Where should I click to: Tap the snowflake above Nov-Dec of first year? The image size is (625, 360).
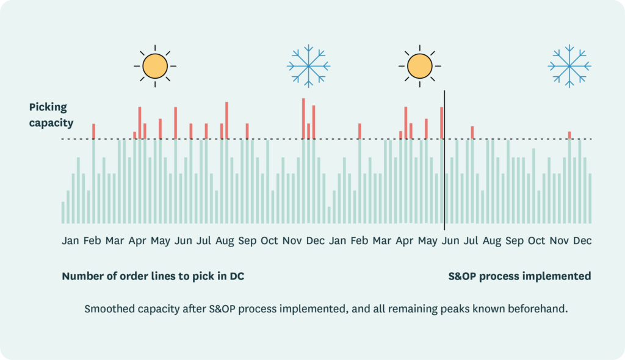click(308, 65)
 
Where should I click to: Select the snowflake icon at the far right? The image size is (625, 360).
click(569, 65)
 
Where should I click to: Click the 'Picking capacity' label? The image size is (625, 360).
click(51, 115)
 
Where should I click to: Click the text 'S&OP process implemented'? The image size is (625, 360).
click(519, 276)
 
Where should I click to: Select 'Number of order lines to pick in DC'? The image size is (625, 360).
click(153, 276)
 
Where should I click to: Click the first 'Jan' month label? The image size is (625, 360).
click(70, 241)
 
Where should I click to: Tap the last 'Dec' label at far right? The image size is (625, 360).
click(582, 241)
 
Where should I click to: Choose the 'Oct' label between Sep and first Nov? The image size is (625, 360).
click(269, 241)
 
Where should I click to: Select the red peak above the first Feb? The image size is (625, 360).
click(93, 131)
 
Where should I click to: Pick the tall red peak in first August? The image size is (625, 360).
click(226, 120)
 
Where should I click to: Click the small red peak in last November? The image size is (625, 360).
click(569, 135)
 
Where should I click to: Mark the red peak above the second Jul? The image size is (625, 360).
click(472, 132)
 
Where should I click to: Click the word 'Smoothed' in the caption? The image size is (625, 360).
click(107, 309)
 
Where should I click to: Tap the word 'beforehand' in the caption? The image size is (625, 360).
click(541, 309)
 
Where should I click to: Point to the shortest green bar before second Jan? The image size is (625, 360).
click(328, 215)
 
